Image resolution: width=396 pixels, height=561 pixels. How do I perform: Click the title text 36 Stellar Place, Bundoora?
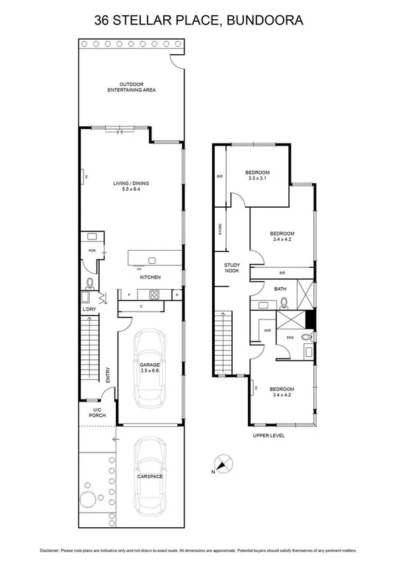click(x=198, y=21)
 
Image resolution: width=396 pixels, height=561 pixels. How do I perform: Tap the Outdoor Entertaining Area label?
click(x=132, y=87)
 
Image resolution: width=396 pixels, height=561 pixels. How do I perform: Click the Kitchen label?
click(x=150, y=277)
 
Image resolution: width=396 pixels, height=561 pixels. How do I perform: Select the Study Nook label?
click(x=231, y=268)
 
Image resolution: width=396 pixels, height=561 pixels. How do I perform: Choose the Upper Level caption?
click(x=268, y=436)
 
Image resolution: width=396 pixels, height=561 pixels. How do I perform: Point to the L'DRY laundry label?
click(x=89, y=309)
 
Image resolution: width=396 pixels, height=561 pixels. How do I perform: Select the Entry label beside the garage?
click(x=107, y=375)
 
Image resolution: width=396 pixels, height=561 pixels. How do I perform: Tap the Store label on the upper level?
click(x=219, y=229)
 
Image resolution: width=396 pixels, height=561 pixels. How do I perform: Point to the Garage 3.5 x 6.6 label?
click(x=150, y=367)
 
